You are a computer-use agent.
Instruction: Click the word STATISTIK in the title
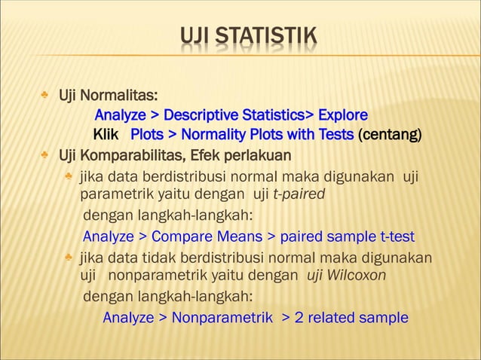pos(267,35)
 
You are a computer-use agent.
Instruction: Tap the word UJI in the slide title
pos(196,35)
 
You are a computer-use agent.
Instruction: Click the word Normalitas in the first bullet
pos(119,96)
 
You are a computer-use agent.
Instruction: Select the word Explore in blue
pos(343,115)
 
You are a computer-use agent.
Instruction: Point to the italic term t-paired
pos(299,194)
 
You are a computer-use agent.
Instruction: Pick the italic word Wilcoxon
pos(359,275)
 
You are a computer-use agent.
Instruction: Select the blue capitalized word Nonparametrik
pos(222,317)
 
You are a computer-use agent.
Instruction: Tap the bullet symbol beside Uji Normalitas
pos(46,96)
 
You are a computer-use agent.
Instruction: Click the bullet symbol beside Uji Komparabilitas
pos(46,156)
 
